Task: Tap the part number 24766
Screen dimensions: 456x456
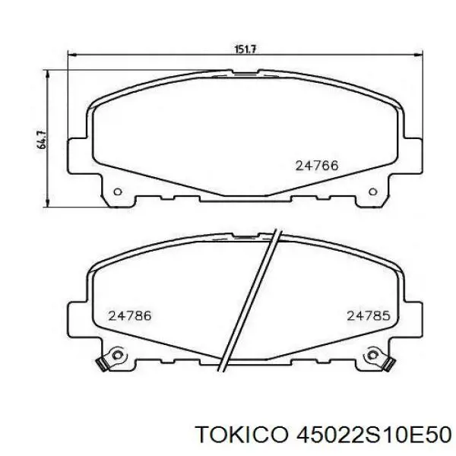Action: coord(316,165)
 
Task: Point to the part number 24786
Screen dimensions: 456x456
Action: coord(129,315)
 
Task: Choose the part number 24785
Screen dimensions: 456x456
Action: coord(369,315)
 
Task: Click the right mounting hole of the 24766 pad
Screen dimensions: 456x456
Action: coord(372,192)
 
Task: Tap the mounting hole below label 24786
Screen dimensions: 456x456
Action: coord(116,354)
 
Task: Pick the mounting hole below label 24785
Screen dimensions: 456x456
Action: coord(372,354)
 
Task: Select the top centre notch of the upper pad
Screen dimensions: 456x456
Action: coord(244,75)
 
